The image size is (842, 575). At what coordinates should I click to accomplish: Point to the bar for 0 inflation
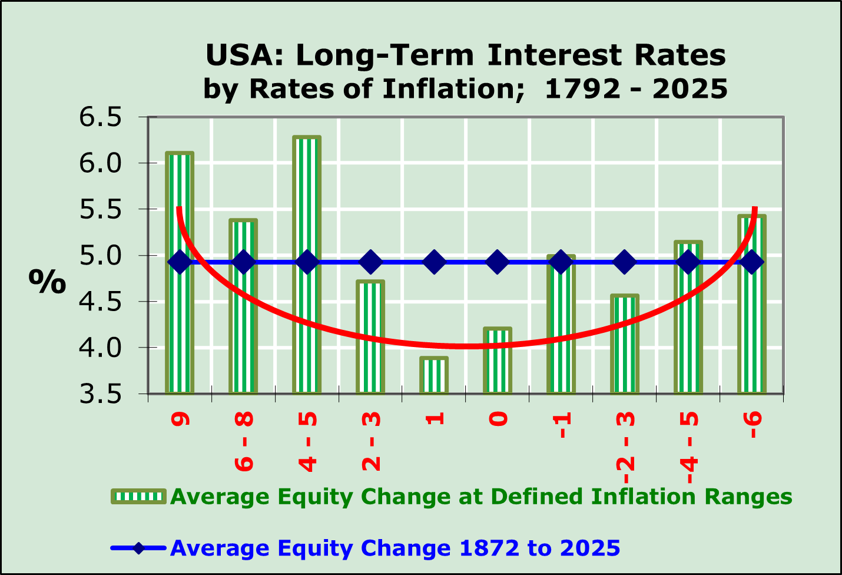(498, 365)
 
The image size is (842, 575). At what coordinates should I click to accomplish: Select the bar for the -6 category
(752, 330)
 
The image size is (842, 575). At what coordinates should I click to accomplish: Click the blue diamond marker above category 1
(434, 262)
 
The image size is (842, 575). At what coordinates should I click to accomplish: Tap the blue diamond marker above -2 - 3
(625, 262)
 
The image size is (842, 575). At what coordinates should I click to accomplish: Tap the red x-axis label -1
(562, 425)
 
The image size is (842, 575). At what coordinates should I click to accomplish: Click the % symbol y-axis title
(47, 282)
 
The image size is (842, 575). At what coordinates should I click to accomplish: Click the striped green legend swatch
(139, 497)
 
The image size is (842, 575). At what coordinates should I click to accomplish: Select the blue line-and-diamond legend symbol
(139, 548)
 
